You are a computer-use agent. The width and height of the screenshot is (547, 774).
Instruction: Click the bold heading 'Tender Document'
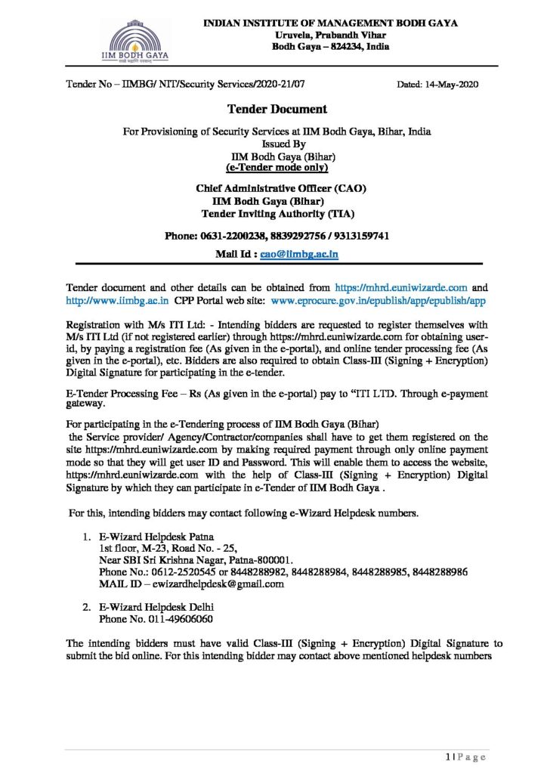click(x=273, y=110)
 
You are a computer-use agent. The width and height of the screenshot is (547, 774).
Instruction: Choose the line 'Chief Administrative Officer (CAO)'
click(x=273, y=187)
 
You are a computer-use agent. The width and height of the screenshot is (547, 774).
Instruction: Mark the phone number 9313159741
click(x=360, y=236)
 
